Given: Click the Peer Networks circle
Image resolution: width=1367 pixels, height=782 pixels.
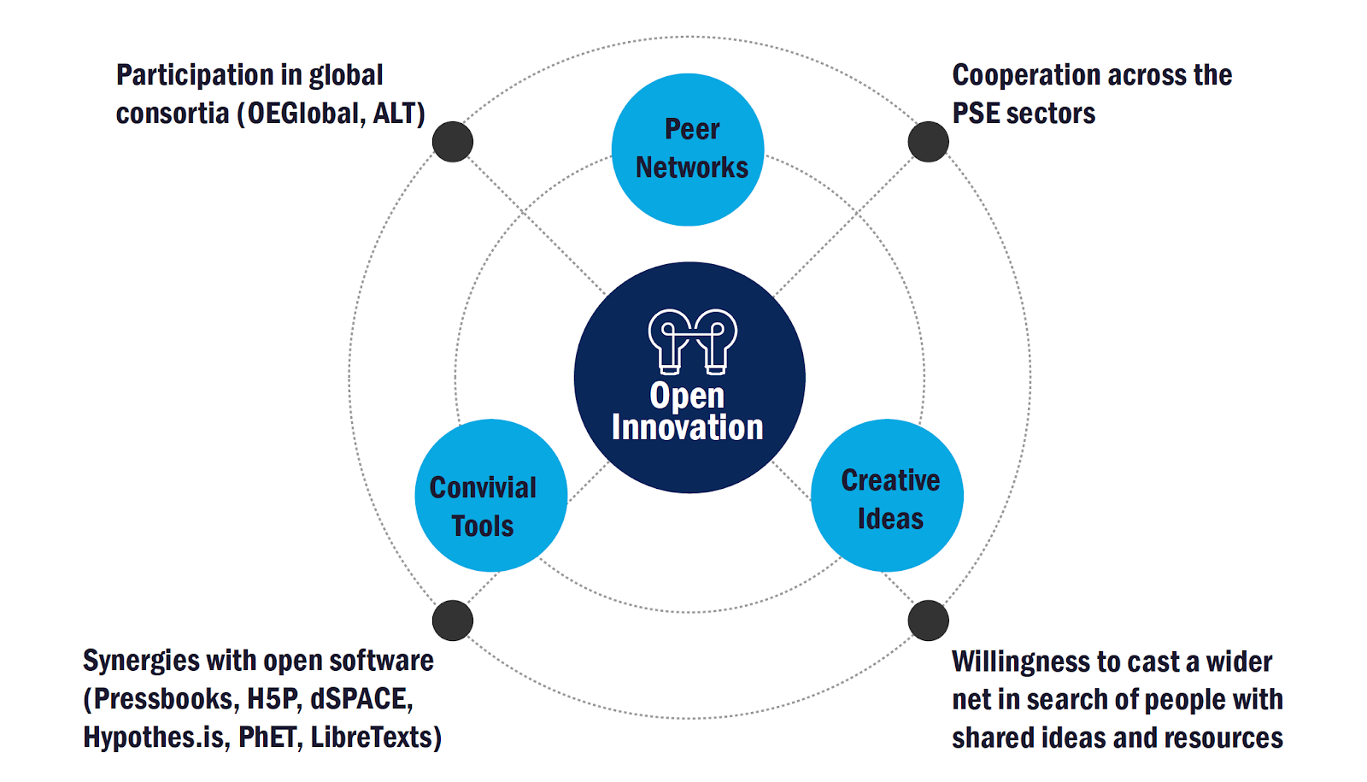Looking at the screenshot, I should click(x=688, y=150).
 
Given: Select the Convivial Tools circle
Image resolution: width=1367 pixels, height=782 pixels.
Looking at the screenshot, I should click(x=490, y=496).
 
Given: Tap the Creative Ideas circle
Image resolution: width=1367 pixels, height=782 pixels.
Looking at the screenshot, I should click(x=887, y=496).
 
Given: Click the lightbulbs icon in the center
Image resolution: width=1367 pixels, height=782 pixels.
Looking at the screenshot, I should click(x=692, y=341).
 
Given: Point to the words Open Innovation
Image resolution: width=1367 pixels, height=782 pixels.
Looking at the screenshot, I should click(x=688, y=412).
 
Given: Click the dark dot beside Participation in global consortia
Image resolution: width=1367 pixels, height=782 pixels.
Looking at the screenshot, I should click(x=453, y=142).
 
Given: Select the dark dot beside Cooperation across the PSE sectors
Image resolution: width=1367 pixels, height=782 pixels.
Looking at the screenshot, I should click(x=928, y=142).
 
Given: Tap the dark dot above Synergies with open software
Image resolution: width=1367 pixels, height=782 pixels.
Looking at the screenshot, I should click(x=453, y=620).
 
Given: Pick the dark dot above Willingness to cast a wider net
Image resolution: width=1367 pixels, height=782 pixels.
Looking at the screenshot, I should click(x=928, y=620).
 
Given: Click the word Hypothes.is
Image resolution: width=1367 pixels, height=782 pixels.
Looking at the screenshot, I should click(x=155, y=737).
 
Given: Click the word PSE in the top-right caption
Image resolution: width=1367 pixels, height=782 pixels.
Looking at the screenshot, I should click(x=975, y=114).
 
